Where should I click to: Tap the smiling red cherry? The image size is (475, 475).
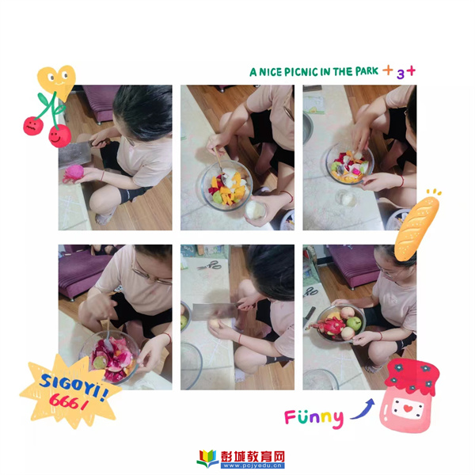pyautogui.click(x=59, y=136)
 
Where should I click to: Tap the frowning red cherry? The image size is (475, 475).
pyautogui.click(x=33, y=126)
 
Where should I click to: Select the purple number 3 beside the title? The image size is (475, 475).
pyautogui.click(x=401, y=74)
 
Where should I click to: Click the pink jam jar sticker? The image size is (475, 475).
pyautogui.click(x=408, y=395)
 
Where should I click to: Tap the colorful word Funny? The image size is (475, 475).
pyautogui.click(x=314, y=418)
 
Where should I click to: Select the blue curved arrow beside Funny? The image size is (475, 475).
pyautogui.click(x=363, y=410)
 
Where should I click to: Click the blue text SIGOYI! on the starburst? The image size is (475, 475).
pyautogui.click(x=74, y=385)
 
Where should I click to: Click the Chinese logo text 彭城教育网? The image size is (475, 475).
pyautogui.click(x=253, y=457)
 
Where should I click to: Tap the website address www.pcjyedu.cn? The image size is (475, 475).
pyautogui.click(x=253, y=465)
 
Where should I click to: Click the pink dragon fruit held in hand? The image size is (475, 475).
pyautogui.click(x=74, y=173)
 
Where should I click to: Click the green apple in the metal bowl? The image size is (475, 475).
pyautogui.click(x=354, y=324)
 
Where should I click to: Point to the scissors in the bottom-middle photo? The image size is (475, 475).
pyautogui.click(x=210, y=265)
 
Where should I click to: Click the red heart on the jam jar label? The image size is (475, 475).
pyautogui.click(x=408, y=408)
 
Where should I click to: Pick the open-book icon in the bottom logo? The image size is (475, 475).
pyautogui.click(x=207, y=459)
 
